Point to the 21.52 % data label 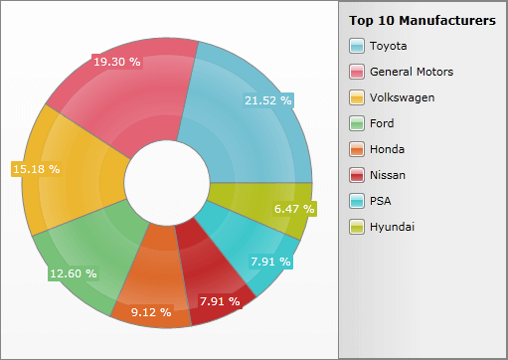[268, 100]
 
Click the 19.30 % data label [117, 62]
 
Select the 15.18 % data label [37, 169]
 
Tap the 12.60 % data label [74, 272]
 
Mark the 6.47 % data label [293, 209]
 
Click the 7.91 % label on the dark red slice [220, 300]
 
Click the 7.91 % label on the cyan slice [270, 263]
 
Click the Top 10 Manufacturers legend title [423, 20]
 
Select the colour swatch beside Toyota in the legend [357, 46]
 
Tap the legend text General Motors [412, 72]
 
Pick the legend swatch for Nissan [357, 175]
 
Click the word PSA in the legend [381, 201]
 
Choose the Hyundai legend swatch [357, 227]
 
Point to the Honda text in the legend [387, 149]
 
